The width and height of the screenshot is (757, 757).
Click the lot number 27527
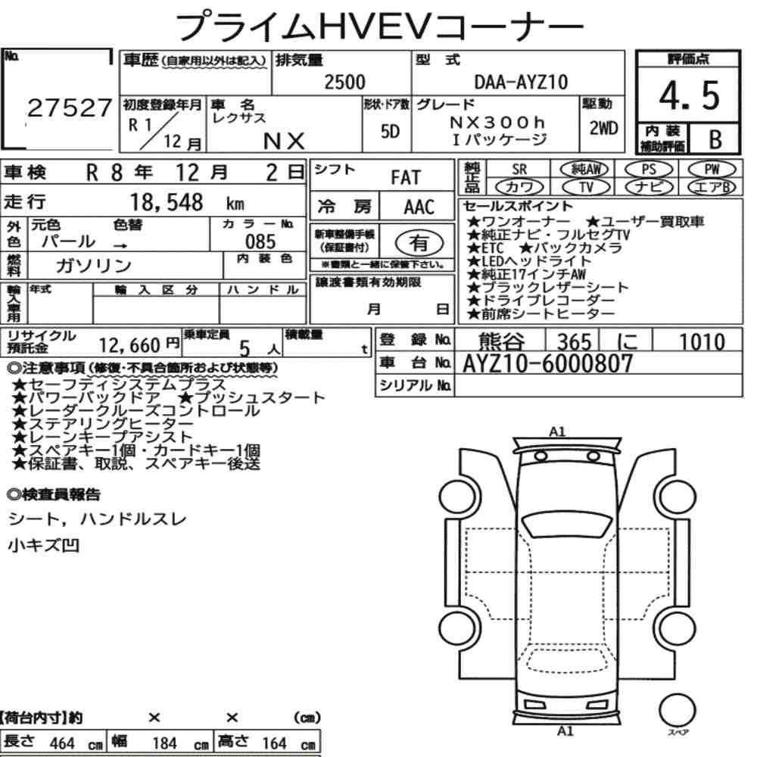pyautogui.click(x=70, y=108)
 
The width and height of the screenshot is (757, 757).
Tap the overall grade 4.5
pyautogui.click(x=689, y=95)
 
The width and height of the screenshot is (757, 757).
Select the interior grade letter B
pyautogui.click(x=715, y=139)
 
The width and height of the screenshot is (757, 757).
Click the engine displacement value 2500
pyautogui.click(x=344, y=82)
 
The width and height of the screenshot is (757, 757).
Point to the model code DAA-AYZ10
pyautogui.click(x=521, y=82)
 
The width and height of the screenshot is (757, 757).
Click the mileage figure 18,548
pyautogui.click(x=167, y=202)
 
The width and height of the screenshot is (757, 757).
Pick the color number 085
pyautogui.click(x=260, y=241)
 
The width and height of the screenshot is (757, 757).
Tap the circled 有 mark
pyautogui.click(x=419, y=243)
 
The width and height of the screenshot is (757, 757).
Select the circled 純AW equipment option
pyautogui.click(x=585, y=169)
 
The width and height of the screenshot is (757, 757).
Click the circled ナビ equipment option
pyautogui.click(x=649, y=187)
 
